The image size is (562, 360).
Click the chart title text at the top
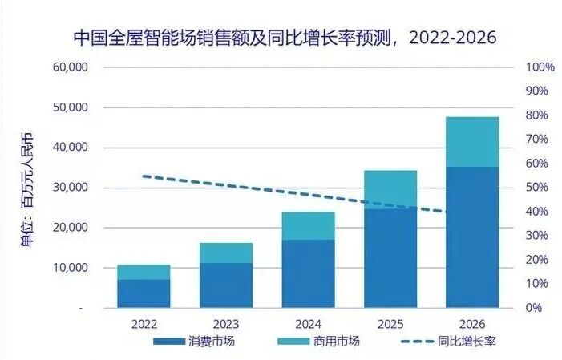click(285, 38)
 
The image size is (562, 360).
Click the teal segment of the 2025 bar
click(390, 189)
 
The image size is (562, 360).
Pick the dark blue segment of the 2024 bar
click(308, 273)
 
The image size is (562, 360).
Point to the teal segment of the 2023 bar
click(226, 253)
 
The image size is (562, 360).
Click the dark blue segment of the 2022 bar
click(144, 293)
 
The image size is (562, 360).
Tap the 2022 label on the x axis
click(144, 324)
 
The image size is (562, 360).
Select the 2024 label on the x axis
click(308, 324)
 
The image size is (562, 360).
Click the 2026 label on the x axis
click(472, 324)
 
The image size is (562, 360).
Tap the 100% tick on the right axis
click(540, 67)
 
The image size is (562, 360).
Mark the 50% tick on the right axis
click(540, 188)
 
